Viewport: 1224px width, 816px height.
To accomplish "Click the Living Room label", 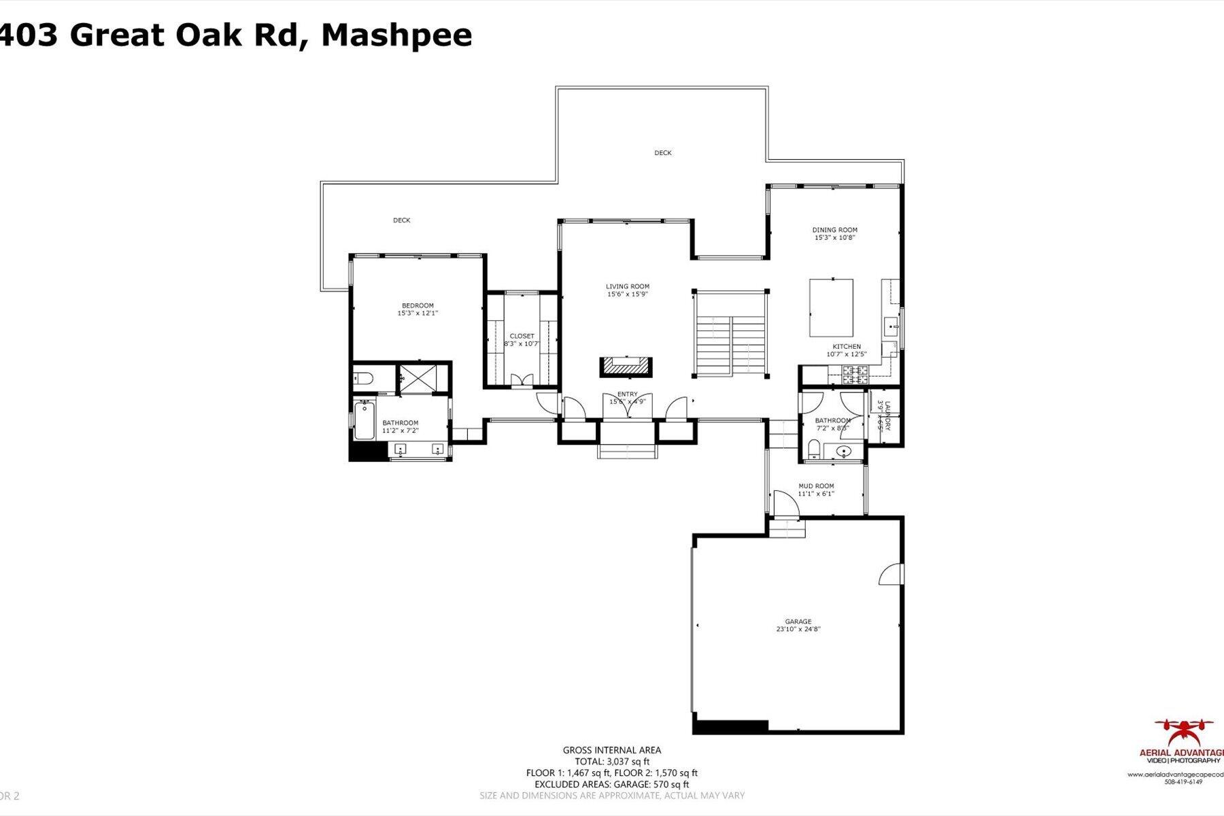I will (628, 286).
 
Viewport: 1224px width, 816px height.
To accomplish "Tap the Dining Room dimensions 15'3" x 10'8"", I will (834, 238).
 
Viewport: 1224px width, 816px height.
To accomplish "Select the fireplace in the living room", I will (626, 367).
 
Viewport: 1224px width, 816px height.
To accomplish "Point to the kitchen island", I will (830, 307).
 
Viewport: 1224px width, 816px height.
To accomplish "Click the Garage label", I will (798, 622).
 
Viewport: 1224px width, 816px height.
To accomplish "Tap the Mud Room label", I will (815, 486).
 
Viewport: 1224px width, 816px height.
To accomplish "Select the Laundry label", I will (887, 412).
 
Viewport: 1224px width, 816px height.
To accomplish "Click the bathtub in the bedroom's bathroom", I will (365, 421).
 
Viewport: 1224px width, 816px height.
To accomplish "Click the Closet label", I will (522, 336).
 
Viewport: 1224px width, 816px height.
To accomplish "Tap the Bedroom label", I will (418, 305).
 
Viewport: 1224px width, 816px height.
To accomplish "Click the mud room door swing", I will (783, 502).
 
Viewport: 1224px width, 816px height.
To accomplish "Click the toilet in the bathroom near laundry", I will (813, 449).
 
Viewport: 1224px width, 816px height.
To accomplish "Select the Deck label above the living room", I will (662, 153).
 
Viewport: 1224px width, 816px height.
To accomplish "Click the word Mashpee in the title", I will (396, 35).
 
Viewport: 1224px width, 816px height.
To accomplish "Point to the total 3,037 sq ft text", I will (611, 762).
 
